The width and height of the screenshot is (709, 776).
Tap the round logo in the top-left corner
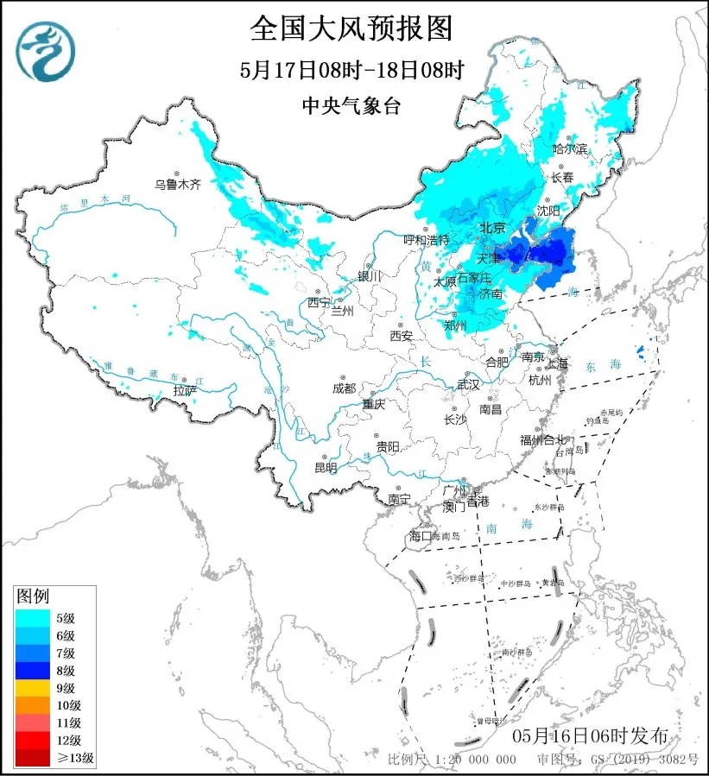coord(46,48)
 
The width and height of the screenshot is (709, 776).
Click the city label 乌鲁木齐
coord(177,184)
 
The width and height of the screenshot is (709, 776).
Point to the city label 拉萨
coord(185,390)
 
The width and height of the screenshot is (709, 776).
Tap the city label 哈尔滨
coord(570,149)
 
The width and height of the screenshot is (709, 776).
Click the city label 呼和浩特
coord(427,239)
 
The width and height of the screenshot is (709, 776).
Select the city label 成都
coord(344,388)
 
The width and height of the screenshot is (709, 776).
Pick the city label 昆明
coord(326,468)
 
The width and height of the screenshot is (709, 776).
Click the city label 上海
coord(556,363)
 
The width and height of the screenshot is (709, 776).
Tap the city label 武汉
coord(467,382)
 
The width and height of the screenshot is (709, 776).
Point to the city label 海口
coord(419,537)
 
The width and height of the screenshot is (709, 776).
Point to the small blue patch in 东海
coord(640,350)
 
